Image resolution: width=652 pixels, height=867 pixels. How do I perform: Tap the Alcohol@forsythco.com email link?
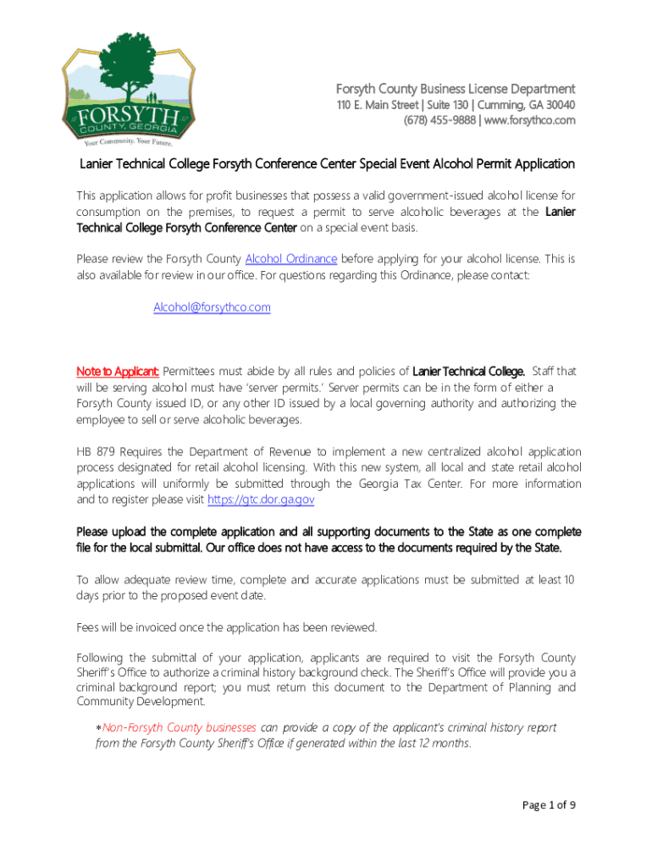pos(212,307)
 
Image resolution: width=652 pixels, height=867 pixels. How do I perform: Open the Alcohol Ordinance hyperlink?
pos(290,258)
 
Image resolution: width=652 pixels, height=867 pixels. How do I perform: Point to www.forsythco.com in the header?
pos(529,120)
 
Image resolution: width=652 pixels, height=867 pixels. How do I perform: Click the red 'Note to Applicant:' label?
pos(118,371)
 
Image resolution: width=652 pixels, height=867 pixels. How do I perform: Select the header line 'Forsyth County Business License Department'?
pos(456,89)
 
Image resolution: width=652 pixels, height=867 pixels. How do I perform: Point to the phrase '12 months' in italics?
pos(445,743)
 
